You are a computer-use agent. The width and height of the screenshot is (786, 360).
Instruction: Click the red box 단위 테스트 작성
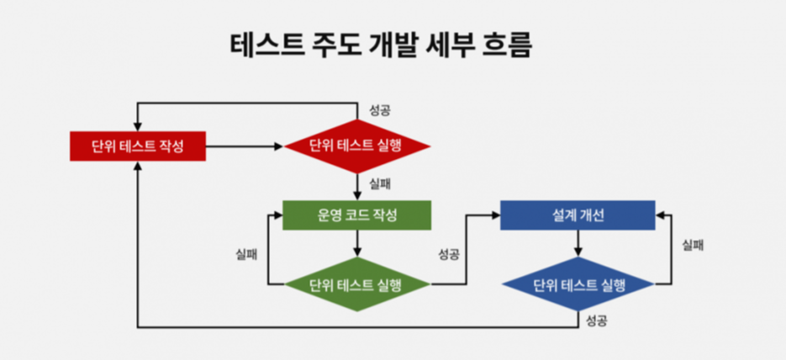pos(138,146)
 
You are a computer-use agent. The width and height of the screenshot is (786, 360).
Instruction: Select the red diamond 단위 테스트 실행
pos(357,146)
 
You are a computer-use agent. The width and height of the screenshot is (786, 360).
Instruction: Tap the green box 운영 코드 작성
pos(357,214)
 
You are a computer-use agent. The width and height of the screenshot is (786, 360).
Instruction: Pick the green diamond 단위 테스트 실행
pos(357,284)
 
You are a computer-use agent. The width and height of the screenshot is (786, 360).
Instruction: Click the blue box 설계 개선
pos(578,214)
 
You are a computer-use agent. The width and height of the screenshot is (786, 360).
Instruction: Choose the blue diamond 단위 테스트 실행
pos(578,284)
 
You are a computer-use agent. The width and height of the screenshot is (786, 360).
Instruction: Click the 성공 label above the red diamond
pos(380,111)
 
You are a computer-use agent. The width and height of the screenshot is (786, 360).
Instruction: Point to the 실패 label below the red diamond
pos(379,182)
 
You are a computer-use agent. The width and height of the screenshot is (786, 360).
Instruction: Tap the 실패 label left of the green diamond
pos(246,253)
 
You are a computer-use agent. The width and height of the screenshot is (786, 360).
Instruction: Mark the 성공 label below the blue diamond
pos(597,320)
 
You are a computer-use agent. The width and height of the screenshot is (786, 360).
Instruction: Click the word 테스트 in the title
pos(266,45)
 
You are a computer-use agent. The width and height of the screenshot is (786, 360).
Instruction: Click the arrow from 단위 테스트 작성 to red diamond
pos(244,146)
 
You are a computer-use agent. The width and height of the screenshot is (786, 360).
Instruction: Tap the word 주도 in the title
pos(332,45)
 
